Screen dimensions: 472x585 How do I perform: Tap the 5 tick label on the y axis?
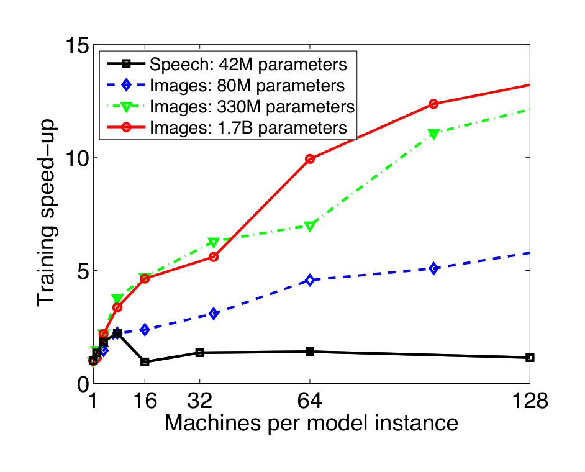(x=81, y=271)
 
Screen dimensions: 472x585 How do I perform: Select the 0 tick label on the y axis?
(x=81, y=384)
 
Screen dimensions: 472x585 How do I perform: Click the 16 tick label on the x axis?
(x=145, y=402)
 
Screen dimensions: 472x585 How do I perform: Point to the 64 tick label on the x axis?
(x=310, y=402)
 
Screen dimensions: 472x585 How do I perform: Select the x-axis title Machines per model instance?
(x=311, y=424)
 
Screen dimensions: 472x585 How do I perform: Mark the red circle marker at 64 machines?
(x=310, y=159)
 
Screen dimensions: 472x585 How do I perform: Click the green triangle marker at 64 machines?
(x=310, y=226)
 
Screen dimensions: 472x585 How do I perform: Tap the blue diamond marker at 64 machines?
(x=310, y=281)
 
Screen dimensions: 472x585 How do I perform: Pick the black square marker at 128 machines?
(x=530, y=358)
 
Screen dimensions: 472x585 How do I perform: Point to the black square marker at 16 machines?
(x=145, y=362)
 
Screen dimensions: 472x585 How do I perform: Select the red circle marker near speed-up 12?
(x=433, y=104)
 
